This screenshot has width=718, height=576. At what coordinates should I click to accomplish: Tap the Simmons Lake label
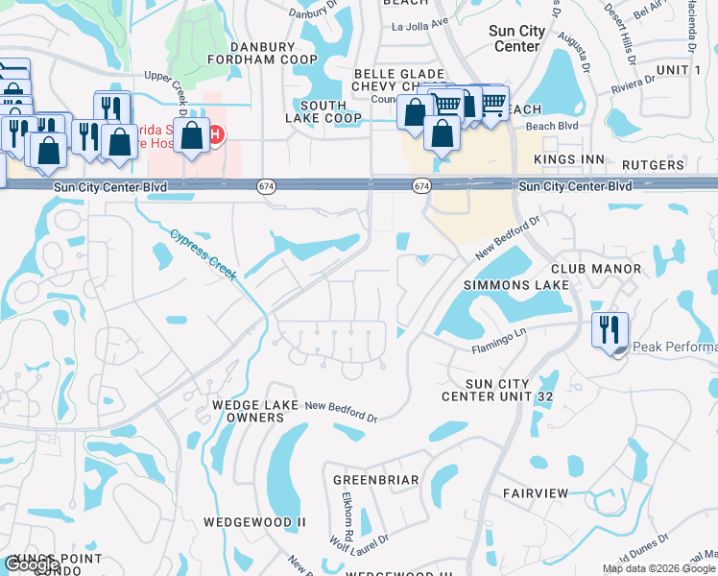[x=516, y=286]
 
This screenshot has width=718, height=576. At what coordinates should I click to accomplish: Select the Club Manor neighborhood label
[x=587, y=270]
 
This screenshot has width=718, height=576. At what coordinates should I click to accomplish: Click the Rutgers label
[x=652, y=165]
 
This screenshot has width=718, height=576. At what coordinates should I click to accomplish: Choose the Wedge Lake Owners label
[x=249, y=411]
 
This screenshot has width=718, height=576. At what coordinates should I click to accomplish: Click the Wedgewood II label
[x=253, y=522]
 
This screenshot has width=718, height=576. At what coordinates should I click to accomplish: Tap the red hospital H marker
[x=218, y=135]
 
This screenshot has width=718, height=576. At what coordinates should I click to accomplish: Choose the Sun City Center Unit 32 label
[x=498, y=390]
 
